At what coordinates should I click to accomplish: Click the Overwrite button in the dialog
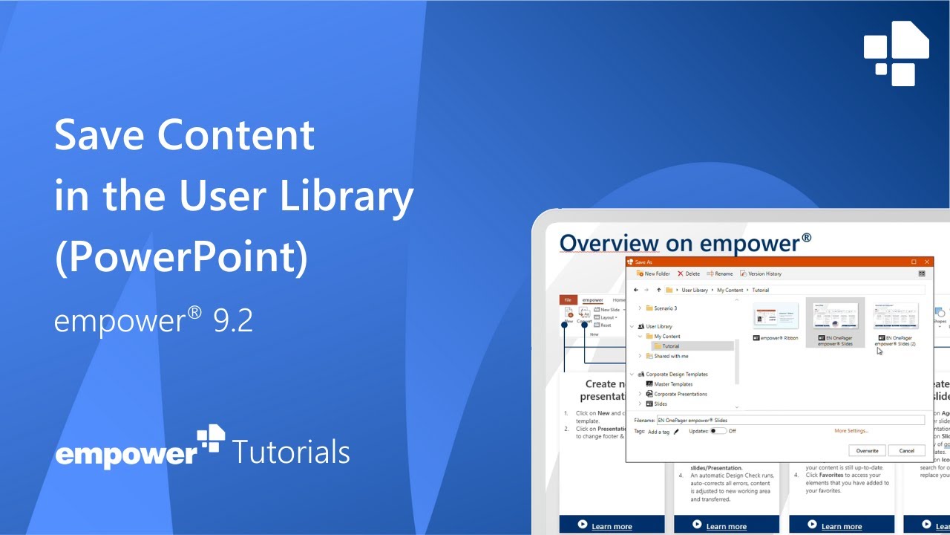867,450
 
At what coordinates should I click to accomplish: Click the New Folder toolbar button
653,273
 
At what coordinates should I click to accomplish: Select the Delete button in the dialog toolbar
689,273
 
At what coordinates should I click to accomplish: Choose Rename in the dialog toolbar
720,273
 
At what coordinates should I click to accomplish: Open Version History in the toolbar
761,273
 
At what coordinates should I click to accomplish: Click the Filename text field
790,421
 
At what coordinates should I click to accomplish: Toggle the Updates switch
718,431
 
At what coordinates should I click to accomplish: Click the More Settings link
851,431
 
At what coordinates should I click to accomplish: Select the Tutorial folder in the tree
670,346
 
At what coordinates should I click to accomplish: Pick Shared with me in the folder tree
670,356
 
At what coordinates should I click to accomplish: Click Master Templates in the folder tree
672,384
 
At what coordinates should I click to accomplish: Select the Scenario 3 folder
665,308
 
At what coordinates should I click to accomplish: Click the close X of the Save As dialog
927,262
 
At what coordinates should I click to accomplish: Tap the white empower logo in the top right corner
897,53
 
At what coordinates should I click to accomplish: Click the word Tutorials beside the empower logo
291,452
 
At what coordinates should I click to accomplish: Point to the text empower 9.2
154,320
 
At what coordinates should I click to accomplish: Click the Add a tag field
658,432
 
